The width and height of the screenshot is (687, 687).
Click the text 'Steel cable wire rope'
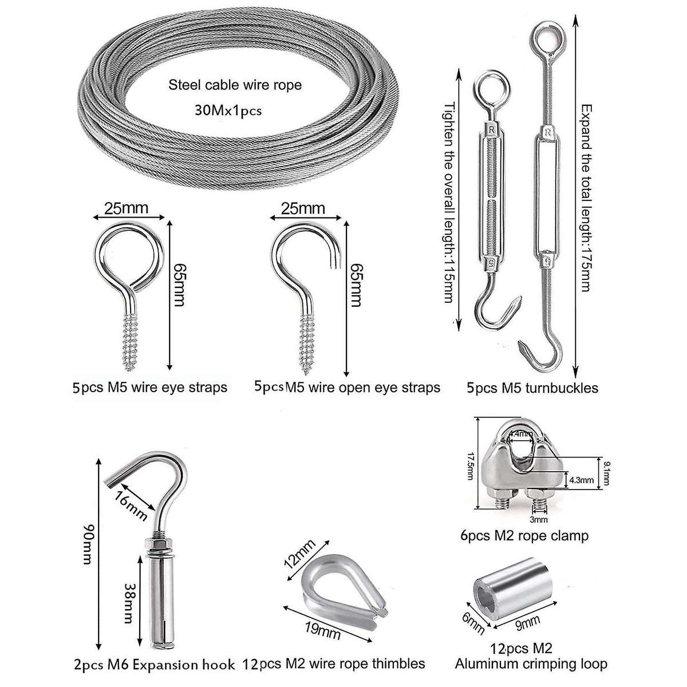coord(235,85)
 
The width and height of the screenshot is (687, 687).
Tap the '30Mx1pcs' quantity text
coord(228,110)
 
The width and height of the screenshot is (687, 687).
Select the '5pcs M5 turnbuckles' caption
coord(532,388)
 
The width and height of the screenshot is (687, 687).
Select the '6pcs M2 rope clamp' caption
coord(524,536)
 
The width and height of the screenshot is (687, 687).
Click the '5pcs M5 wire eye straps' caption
coord(150,388)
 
